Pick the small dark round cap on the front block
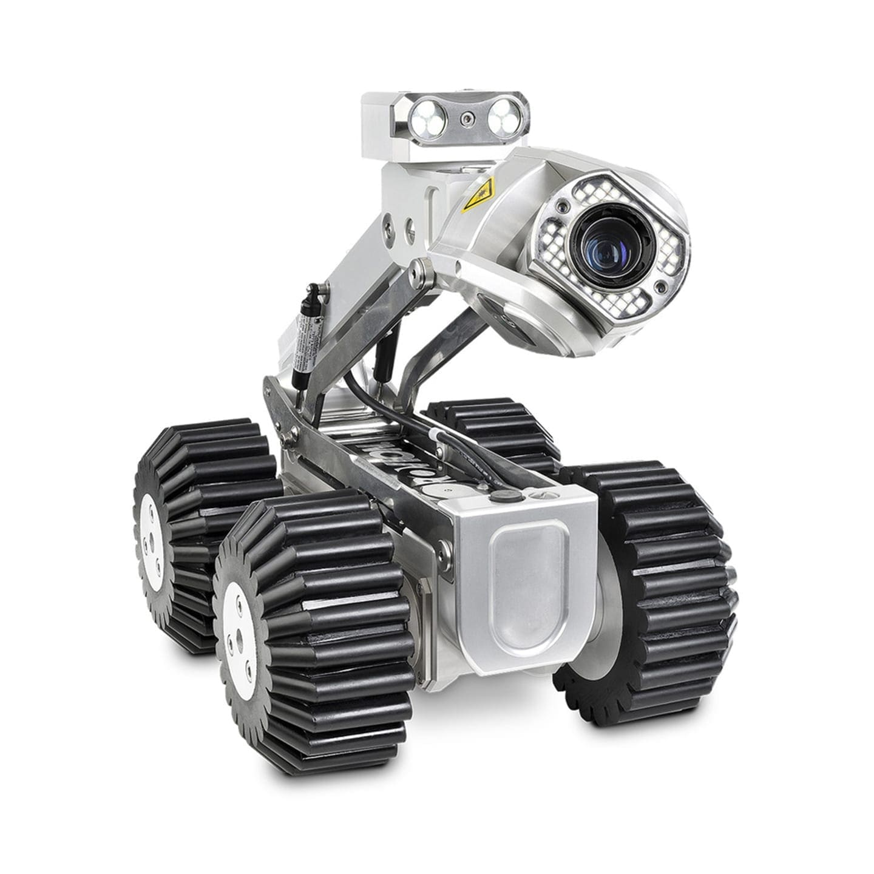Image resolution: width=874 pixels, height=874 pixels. tap(501, 496)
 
